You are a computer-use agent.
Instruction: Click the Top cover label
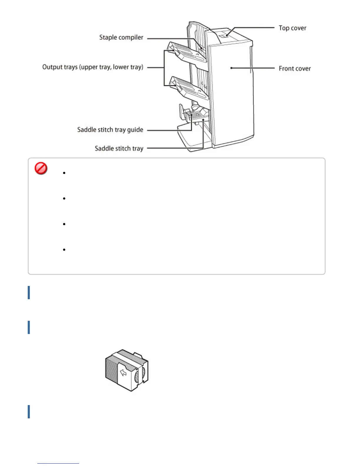tap(292, 28)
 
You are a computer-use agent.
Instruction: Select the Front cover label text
tap(295, 69)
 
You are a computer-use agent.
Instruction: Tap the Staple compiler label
tap(121, 38)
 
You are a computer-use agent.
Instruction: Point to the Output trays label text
tap(93, 67)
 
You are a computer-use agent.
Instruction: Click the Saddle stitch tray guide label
tap(110, 130)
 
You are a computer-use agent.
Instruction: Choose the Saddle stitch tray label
tap(119, 149)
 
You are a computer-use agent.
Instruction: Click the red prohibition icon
tap(41, 169)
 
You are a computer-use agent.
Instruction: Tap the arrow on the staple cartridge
tap(124, 373)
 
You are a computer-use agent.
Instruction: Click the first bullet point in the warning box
tap(64, 173)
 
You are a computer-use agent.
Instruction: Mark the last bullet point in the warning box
tap(64, 250)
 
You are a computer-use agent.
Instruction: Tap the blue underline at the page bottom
tap(58, 463)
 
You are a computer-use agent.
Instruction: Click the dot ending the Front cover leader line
tap(231, 68)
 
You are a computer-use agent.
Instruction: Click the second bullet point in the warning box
tap(64, 199)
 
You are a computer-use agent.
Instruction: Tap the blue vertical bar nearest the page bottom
tap(29, 412)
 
